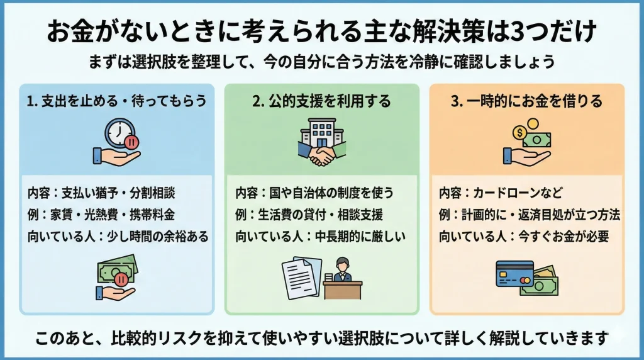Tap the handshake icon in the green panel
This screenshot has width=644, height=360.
[321, 155]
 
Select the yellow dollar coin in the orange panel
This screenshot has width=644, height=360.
[520, 132]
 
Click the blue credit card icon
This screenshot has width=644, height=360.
[514, 274]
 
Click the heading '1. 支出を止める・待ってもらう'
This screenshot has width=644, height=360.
[117, 101]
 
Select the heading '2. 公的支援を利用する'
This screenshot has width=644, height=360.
[321, 101]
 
